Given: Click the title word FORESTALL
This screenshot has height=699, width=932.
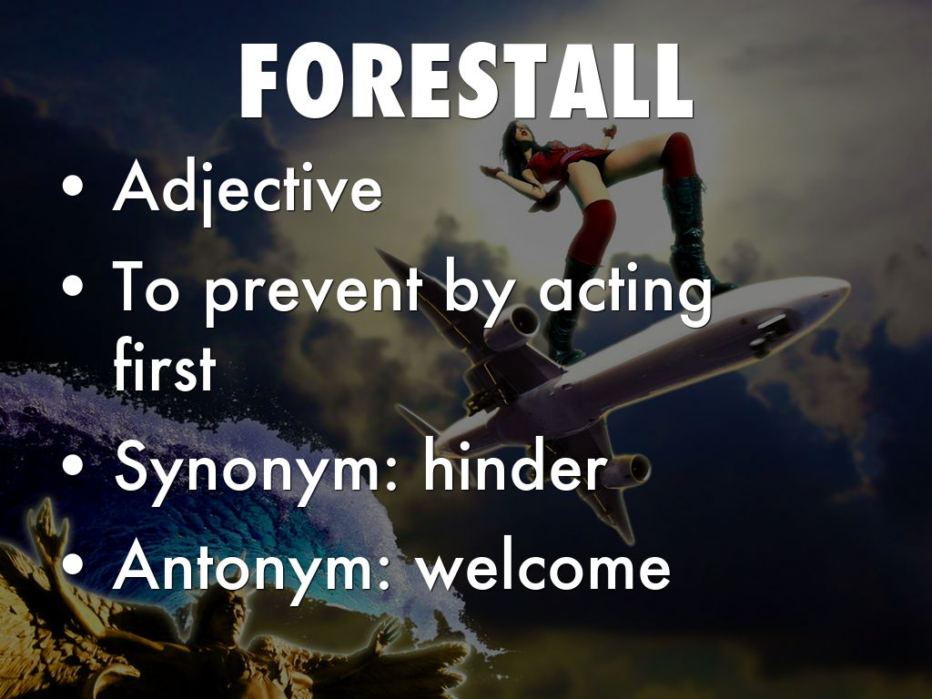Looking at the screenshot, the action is (x=467, y=81).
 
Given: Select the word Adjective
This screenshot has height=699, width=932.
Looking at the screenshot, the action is (x=248, y=190).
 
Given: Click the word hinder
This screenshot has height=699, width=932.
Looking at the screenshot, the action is (x=514, y=465).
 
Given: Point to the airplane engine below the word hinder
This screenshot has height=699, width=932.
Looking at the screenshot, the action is (x=629, y=469).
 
